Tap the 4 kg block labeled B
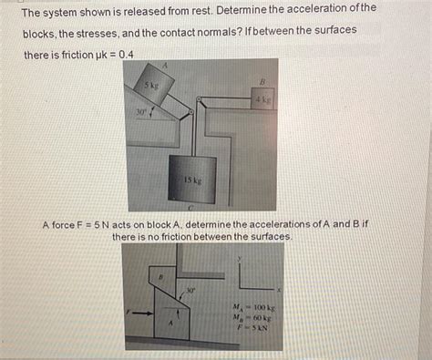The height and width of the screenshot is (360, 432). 261,98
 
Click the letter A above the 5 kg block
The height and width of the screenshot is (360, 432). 165,67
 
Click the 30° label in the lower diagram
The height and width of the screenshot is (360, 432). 190,292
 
